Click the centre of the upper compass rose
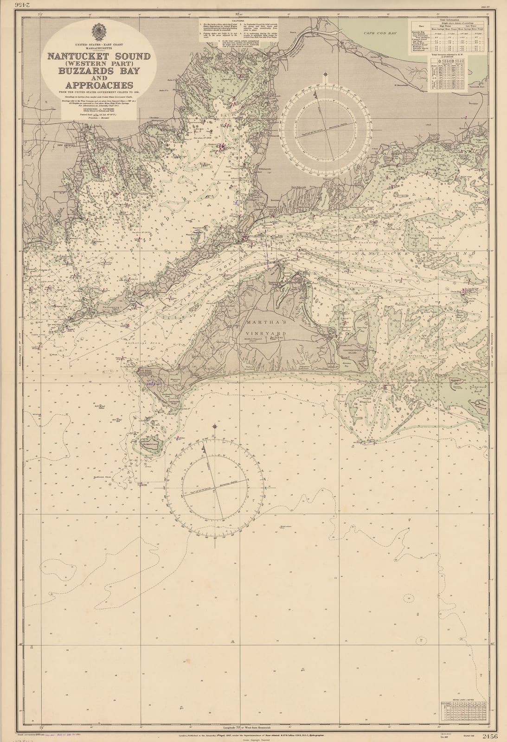coord(328,126)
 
